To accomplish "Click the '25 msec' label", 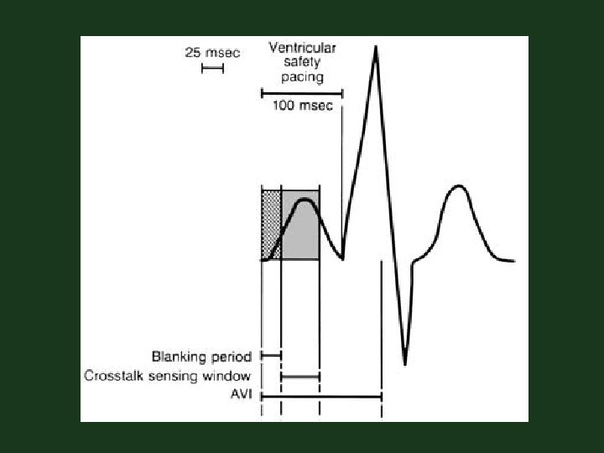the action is coord(212,52).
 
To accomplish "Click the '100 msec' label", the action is coord(303,106).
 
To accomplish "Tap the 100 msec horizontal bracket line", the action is coord(301,93).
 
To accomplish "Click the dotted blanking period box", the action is coord(271,224).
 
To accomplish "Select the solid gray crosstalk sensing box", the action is coord(299,224).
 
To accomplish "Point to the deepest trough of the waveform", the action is coord(405,362).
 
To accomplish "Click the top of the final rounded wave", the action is coord(457,186).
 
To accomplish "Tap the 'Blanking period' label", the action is coord(201,357).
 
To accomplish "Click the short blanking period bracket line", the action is coord(271,357).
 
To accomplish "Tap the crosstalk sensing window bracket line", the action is coord(299,377).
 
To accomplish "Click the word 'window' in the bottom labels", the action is coord(228,376).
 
